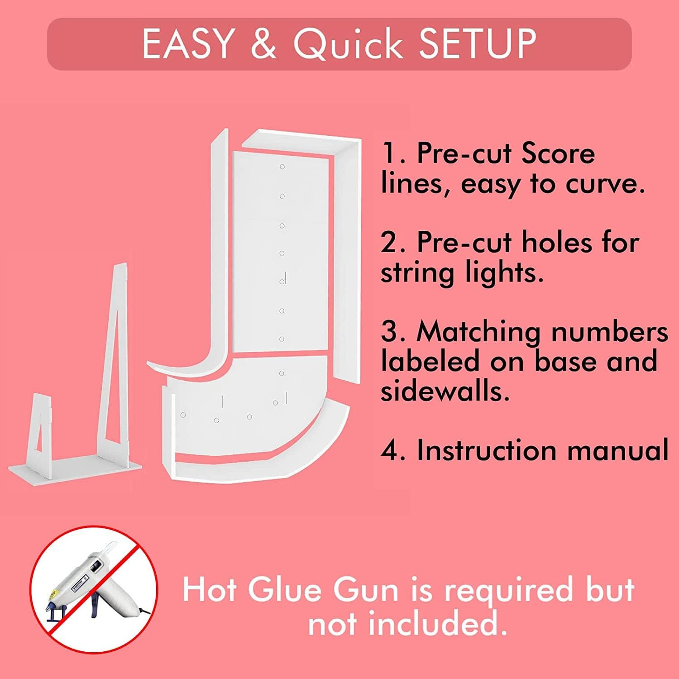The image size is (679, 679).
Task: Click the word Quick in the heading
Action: (x=348, y=44)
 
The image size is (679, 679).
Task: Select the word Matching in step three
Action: (x=478, y=332)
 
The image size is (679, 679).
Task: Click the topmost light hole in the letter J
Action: (x=282, y=167)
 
